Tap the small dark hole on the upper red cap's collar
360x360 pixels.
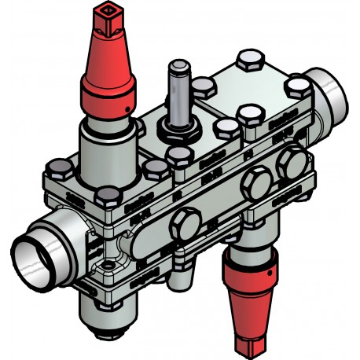click(124, 104)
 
